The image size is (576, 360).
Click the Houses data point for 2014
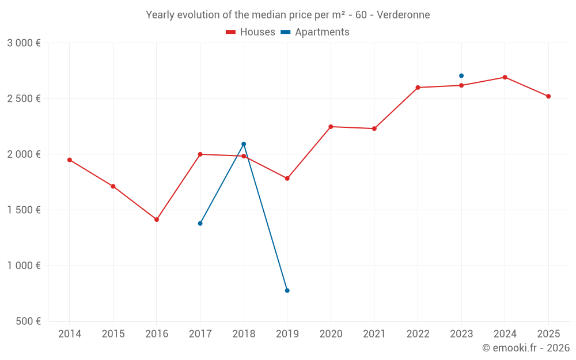point(70,160)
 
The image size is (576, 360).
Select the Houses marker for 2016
point(157,219)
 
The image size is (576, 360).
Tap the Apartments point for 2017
point(200,223)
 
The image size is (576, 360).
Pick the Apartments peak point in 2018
point(244,144)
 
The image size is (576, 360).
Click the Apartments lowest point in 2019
point(287,290)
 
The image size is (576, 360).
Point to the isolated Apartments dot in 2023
point(461,75)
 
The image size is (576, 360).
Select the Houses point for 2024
point(505,77)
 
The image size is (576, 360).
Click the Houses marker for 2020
point(331,127)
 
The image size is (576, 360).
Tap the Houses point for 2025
point(548,96)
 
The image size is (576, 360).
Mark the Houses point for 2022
point(418,88)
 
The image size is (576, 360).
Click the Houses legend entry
point(251,32)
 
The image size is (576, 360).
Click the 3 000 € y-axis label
point(24,43)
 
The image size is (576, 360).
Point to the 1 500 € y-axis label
point(24,210)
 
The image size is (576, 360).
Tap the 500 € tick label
point(28,321)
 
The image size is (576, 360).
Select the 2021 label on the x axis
point(374,334)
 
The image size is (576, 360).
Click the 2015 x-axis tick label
point(113,334)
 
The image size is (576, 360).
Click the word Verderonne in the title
point(403,15)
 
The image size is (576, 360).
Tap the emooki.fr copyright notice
point(525,348)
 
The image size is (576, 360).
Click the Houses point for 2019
point(287,179)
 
